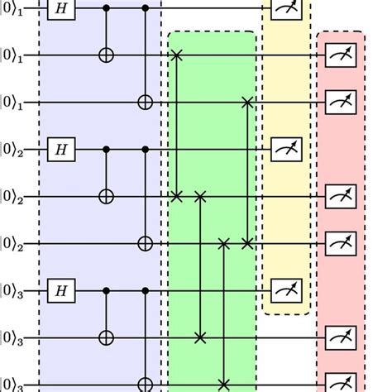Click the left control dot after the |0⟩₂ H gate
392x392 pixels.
[105, 150]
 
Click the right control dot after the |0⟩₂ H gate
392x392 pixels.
[146, 150]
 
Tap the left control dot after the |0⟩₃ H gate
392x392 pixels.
[105, 291]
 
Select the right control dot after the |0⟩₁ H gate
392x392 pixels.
[146, 8]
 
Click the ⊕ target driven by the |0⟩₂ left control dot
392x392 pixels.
[105, 197]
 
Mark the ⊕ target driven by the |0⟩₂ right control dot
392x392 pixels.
[146, 244]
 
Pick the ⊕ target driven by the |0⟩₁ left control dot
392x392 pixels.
[105, 55]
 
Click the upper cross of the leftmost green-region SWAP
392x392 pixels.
[176, 55]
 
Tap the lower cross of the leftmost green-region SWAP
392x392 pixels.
[176, 197]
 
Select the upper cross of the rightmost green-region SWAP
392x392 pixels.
[246, 103]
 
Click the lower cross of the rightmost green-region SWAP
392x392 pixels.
[246, 244]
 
